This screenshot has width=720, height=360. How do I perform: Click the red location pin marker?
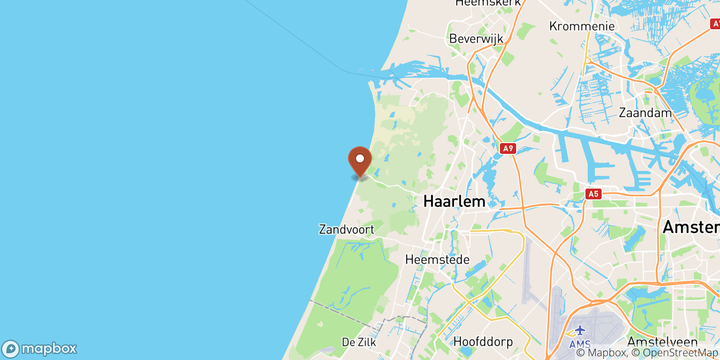coord(360,162)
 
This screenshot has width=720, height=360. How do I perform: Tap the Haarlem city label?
coord(454,201)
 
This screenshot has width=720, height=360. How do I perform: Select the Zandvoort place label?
coord(346,229)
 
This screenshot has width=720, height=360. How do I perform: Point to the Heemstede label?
coord(437,260)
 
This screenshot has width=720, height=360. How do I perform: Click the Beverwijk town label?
coord(476,39)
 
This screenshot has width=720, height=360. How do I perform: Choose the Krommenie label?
coord(582,26)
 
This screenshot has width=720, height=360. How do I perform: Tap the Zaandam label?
coord(645,112)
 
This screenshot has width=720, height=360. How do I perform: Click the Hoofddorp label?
coord(483,342)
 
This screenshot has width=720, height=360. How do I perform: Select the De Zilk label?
coord(359,342)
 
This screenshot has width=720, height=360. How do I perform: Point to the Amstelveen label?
coord(662,342)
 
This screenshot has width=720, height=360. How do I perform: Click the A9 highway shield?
coord(508,148)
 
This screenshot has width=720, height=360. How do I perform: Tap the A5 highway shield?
coord(594,194)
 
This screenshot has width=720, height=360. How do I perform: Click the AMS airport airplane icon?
coord(580,331)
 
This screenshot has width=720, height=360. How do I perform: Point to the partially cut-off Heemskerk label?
coord(488,3)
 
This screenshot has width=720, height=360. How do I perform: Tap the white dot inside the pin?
coord(360,158)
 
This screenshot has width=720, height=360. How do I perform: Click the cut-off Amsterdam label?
coord(691,227)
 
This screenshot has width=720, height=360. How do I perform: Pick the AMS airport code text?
coord(580,344)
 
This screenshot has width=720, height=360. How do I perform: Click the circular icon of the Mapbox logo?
coord(10,349)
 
